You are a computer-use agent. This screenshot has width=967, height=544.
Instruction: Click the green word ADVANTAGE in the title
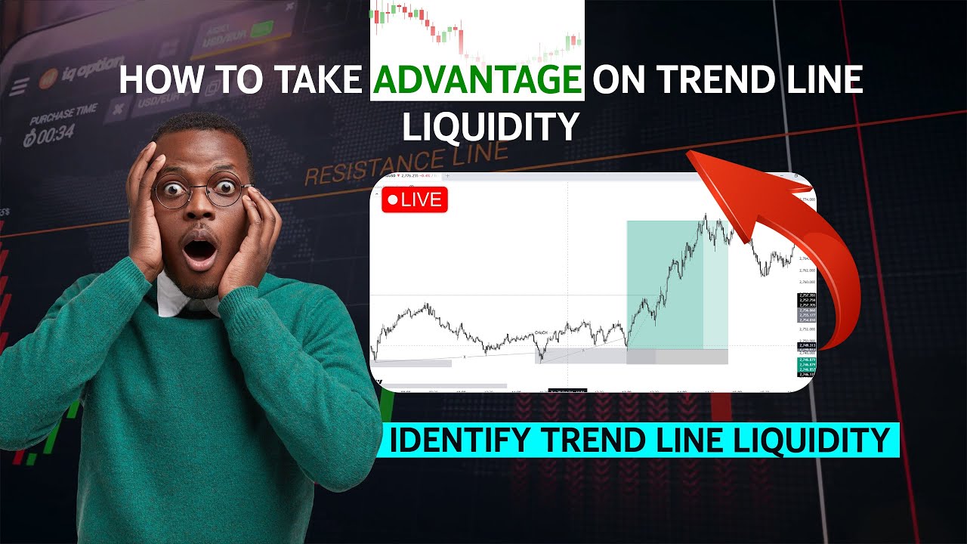pos(477,81)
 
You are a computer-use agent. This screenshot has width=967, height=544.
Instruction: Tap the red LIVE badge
pos(415,200)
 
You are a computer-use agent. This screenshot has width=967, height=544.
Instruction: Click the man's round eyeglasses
pos(200,190)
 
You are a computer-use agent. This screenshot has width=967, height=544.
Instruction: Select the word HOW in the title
pos(155,81)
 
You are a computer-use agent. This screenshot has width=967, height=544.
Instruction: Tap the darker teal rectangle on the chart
pos(665,283)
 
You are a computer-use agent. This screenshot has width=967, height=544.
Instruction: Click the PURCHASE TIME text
pos(63,115)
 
